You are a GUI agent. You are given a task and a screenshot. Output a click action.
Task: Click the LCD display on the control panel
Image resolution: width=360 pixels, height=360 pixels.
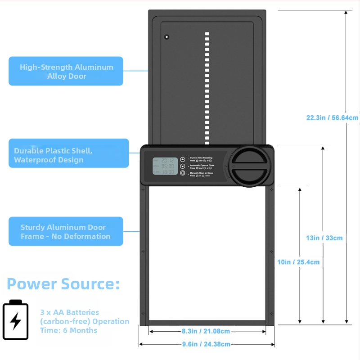[165, 166]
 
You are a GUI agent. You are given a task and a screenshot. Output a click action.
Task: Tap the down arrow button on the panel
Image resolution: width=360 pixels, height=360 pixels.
[182, 166]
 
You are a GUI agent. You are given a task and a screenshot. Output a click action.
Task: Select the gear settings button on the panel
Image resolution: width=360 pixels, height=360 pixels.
[182, 173]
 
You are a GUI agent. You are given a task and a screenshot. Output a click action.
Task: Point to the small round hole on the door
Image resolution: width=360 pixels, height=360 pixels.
[166, 36]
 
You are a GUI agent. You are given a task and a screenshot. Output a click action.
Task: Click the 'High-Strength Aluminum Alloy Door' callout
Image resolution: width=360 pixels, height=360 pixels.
[66, 71]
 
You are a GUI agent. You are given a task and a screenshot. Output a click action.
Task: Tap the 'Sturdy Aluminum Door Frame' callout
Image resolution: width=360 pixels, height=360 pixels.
[66, 231]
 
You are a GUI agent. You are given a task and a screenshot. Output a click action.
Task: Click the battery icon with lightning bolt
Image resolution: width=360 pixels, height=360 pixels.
[16, 319]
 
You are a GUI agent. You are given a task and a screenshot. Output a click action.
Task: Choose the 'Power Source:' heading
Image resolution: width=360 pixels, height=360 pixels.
[63, 284]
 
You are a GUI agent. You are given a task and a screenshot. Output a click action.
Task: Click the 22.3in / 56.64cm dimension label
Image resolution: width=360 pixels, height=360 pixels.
[333, 118]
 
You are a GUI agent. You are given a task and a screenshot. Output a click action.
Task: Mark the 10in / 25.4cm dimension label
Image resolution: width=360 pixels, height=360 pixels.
[298, 261]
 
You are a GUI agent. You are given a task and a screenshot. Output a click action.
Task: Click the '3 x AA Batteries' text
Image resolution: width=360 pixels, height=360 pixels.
[70, 312]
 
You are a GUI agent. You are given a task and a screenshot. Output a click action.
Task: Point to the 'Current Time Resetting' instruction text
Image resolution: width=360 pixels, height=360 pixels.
[202, 158]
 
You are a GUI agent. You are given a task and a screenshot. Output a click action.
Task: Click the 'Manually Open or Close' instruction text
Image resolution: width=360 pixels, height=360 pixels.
[202, 172]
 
